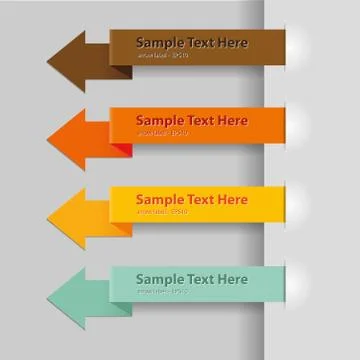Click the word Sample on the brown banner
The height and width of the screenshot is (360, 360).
[160, 43]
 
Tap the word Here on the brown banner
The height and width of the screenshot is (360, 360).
[233, 43]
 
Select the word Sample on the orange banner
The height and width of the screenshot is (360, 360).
[160, 121]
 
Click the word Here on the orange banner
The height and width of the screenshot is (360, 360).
[233, 121]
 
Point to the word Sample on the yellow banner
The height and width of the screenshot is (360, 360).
[160, 200]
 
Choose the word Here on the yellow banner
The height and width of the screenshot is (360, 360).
[233, 200]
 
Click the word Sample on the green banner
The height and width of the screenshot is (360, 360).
[160, 279]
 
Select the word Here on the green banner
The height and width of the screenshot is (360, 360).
[233, 279]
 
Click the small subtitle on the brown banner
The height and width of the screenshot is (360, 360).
[162, 56]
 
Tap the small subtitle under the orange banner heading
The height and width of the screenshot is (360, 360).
[162, 133]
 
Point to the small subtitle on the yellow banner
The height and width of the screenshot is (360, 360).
[162, 212]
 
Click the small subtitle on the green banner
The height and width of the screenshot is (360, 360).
[162, 291]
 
